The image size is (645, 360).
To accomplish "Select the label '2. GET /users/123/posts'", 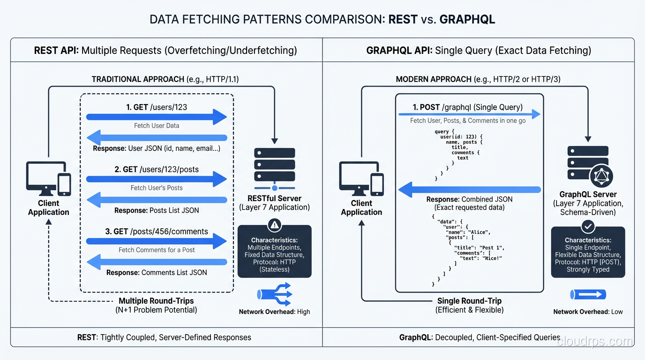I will coord(157,169).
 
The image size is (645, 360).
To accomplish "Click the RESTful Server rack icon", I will coord(274,165).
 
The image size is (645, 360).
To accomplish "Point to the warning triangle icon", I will coord(274,225).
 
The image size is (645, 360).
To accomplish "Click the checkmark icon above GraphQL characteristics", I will coord(587,227).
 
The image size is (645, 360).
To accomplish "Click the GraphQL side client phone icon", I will coord(377,184).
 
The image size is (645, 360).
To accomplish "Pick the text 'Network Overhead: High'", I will coord(274,312).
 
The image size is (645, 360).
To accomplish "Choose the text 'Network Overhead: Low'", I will coord(588,312).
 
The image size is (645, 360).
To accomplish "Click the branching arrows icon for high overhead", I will coord(274,294).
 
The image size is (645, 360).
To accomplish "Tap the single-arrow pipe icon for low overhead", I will coord(588,294).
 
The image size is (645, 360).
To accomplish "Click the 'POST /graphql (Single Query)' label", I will coord(467,107).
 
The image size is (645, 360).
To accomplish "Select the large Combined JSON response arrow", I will coord(469,190).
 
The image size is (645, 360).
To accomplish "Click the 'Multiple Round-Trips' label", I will coord(156,301).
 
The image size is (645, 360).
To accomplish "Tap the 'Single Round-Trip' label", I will coord(469,301).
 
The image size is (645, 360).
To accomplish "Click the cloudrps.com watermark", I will coord(595,342).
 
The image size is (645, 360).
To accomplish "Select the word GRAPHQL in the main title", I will coord(467,19).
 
